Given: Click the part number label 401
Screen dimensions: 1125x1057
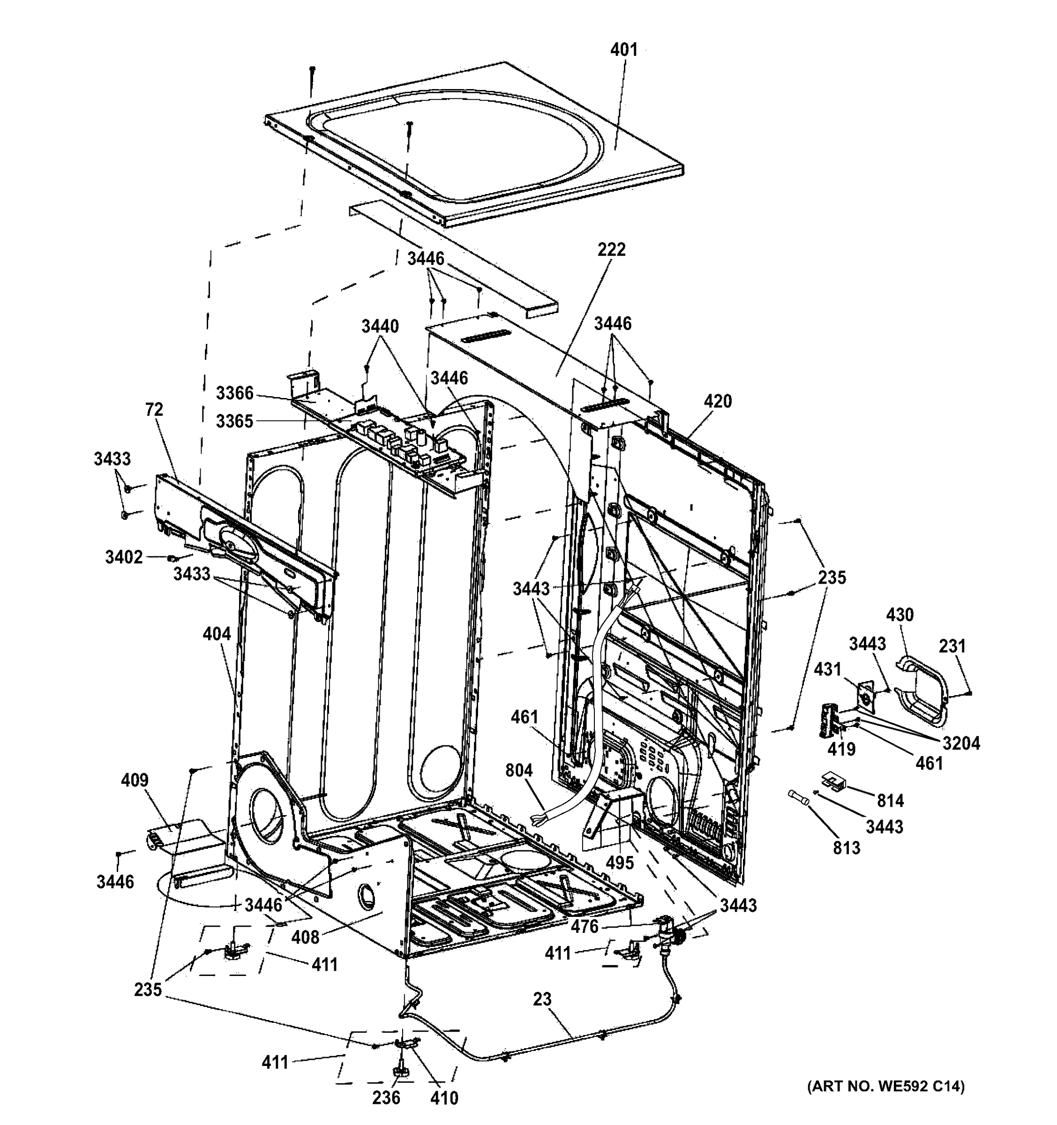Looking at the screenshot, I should [623, 50].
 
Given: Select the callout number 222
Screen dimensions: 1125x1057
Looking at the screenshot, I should [612, 249].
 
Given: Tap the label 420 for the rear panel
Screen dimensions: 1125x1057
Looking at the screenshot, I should [718, 402].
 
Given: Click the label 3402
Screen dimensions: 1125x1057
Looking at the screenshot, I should [123, 557].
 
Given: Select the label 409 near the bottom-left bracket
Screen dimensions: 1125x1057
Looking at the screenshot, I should [135, 780].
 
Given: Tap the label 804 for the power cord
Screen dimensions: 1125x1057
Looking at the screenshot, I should [519, 770].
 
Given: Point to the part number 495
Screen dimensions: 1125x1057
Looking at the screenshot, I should [620, 863].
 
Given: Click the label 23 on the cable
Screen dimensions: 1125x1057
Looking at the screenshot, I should [541, 999].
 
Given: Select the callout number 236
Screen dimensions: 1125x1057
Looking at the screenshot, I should [386, 1098].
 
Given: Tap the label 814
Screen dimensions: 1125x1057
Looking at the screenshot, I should [891, 801].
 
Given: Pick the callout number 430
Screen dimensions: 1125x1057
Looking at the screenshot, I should [900, 615].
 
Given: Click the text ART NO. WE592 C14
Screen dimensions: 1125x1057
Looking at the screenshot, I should [885, 1086].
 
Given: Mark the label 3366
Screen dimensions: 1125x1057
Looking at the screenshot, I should [234, 393].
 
